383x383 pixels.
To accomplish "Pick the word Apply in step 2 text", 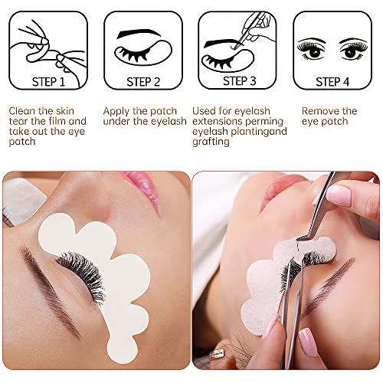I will click(119, 111).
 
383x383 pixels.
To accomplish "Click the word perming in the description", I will click(265, 122).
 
